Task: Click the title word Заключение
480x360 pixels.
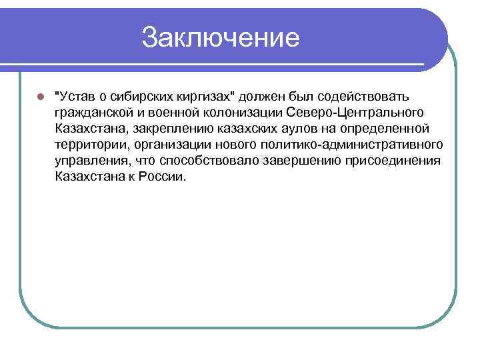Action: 221,37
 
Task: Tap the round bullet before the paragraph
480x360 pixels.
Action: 40,97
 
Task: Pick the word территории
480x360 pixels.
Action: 89,145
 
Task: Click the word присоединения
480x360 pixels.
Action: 398,161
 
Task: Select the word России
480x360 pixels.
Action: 162,177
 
